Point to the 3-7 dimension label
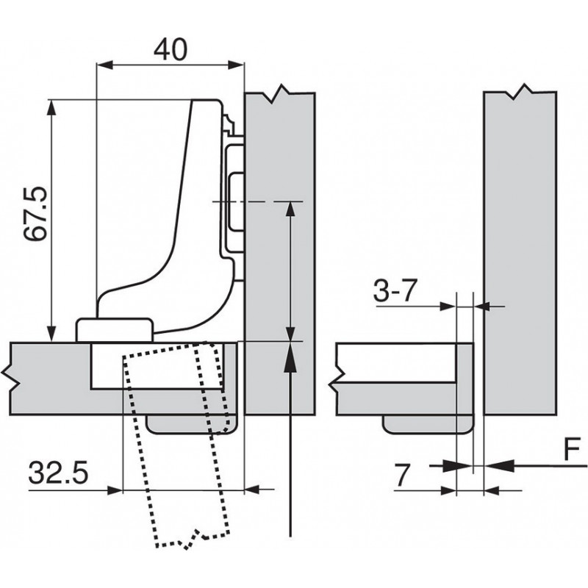[395, 292]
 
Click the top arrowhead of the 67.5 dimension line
[51, 107]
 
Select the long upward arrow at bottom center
[292, 441]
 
